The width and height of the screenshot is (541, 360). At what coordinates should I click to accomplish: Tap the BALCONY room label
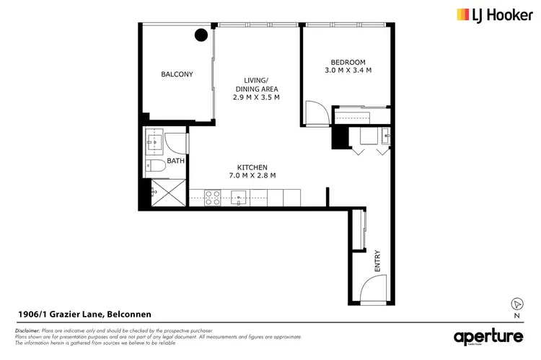tap(177, 74)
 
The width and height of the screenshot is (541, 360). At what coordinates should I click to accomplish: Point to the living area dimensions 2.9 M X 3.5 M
tap(256, 97)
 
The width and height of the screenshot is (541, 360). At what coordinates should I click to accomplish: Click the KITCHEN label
tap(252, 167)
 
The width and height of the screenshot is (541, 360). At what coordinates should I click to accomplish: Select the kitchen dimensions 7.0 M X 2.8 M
tap(252, 175)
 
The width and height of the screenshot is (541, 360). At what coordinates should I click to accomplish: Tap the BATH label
tap(175, 161)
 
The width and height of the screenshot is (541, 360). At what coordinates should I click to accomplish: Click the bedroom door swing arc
tap(315, 112)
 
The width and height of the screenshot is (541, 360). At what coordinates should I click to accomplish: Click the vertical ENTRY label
tap(377, 260)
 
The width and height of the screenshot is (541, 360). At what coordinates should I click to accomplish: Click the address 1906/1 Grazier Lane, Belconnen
tap(84, 314)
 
